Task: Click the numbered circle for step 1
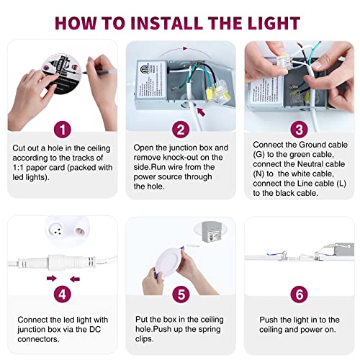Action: [64, 130]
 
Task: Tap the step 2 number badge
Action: [179, 130]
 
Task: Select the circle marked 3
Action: [297, 130]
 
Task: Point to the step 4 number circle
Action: [64, 295]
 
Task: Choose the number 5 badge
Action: [179, 295]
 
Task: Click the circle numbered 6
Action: [297, 295]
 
